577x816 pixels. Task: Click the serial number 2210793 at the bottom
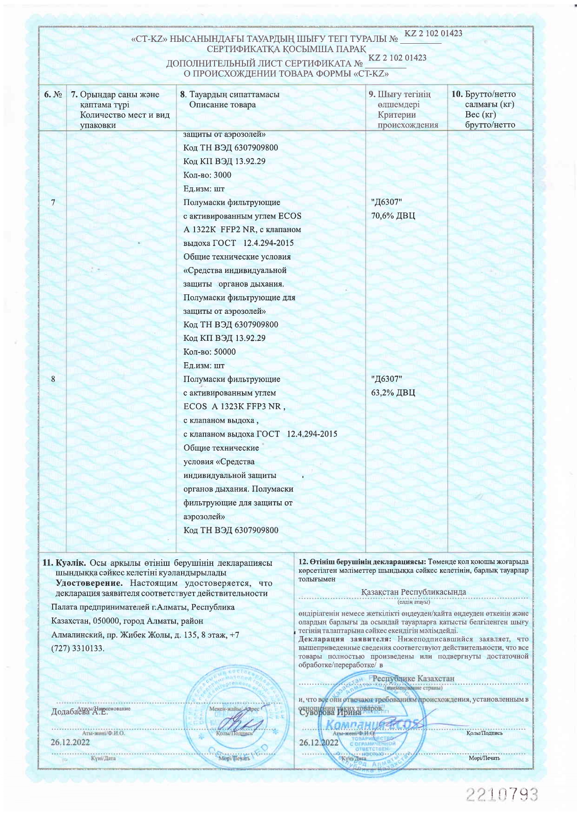click(x=502, y=794)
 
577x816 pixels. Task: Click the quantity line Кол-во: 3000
click(x=207, y=175)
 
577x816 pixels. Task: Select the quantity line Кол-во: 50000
click(x=209, y=352)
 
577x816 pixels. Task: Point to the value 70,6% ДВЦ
click(x=393, y=216)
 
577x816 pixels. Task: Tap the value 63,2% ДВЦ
click(x=393, y=393)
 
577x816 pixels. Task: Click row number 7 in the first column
click(x=54, y=202)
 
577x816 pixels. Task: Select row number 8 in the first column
click(x=54, y=379)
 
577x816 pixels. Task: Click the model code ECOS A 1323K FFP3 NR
click(x=233, y=406)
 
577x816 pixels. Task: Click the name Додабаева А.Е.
click(x=79, y=712)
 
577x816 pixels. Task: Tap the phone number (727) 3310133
click(x=78, y=648)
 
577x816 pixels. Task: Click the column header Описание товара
click(x=222, y=105)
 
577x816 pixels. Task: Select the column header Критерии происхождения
click(x=408, y=120)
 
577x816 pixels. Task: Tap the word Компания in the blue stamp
click(x=354, y=725)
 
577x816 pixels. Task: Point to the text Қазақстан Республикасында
click(x=413, y=592)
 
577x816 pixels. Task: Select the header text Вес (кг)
click(x=480, y=115)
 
